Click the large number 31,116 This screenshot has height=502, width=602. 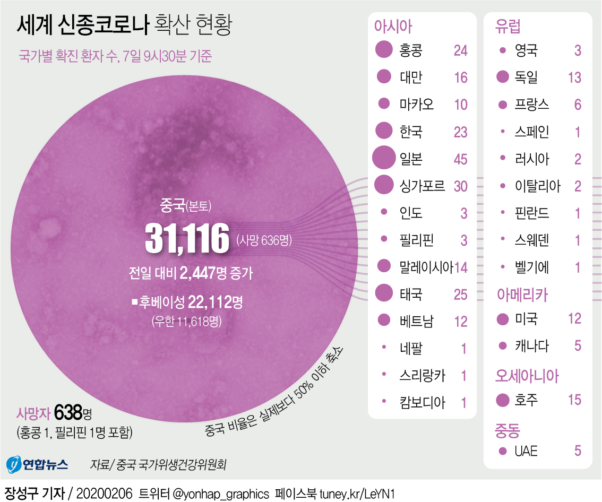[x=187, y=240]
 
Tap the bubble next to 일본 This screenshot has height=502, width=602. [x=383, y=158]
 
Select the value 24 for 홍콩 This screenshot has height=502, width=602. [x=460, y=50]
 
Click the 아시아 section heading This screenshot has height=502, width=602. [x=393, y=26]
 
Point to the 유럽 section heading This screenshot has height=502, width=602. [x=508, y=26]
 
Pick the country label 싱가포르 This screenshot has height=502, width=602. [x=422, y=186]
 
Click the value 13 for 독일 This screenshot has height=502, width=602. [x=574, y=77]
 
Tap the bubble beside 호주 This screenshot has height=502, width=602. [x=502, y=400]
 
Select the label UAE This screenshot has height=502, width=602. [x=526, y=451]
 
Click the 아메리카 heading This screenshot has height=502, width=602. [x=522, y=295]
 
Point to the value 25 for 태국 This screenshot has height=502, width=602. [x=460, y=293]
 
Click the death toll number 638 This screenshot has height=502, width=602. [x=73, y=411]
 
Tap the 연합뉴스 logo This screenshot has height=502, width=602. [x=37, y=465]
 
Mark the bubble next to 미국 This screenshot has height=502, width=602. [x=502, y=319]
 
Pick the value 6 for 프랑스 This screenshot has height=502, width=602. [x=578, y=105]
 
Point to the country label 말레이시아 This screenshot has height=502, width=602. [x=426, y=266]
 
